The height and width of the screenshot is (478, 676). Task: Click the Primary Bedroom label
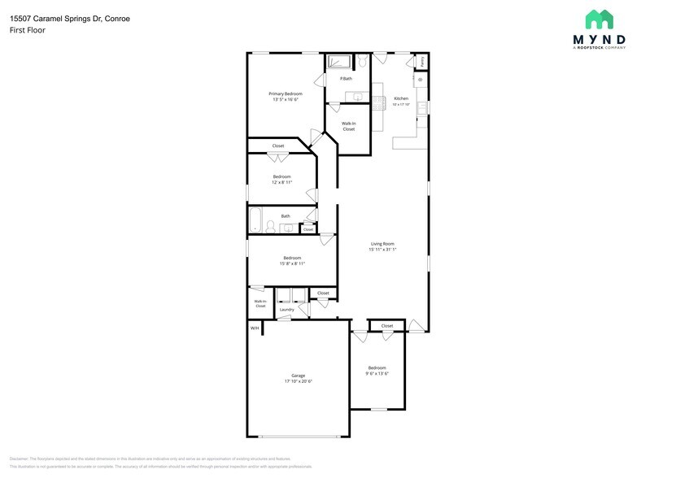coord(285,93)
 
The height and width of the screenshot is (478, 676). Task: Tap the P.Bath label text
coord(346,78)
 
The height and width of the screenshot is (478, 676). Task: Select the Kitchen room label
coord(401,98)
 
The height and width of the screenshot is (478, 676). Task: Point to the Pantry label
coord(422,62)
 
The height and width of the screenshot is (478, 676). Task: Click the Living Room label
coord(382,243)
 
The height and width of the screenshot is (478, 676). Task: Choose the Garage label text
coord(299,376)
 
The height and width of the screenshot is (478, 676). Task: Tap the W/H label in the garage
coord(255,328)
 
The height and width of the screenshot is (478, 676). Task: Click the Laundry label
coord(286,310)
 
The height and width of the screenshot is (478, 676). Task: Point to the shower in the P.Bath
coord(338,63)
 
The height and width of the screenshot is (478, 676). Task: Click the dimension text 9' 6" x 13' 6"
coord(376,373)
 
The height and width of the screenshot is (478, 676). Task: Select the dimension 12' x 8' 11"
coord(281,182)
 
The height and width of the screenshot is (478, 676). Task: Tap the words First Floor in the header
coord(28,30)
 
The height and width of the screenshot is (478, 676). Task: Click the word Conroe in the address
coord(116,18)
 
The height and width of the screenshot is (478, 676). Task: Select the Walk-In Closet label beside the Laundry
coord(260,303)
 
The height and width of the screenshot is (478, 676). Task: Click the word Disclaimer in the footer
coord(20,458)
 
